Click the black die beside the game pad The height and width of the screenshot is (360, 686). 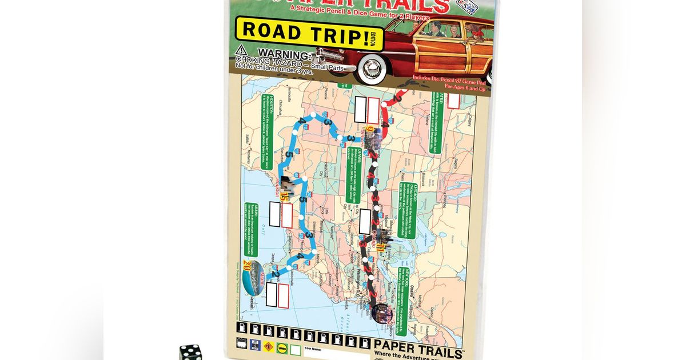(191, 352)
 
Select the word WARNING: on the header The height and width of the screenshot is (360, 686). (282, 54)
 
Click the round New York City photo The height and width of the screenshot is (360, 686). (381, 313)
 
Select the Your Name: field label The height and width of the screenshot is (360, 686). (313, 349)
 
